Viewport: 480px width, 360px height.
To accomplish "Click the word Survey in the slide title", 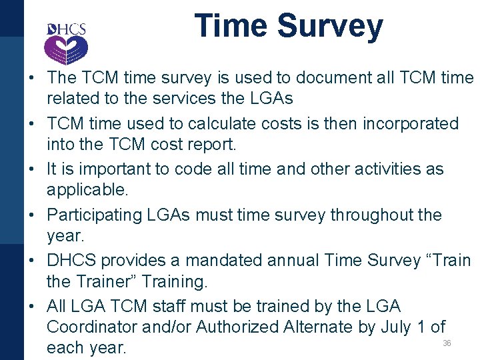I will click(x=330, y=27).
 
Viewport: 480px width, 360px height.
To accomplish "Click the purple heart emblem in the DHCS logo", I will click(x=65, y=48).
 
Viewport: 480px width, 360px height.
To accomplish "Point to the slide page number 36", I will click(x=447, y=343).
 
